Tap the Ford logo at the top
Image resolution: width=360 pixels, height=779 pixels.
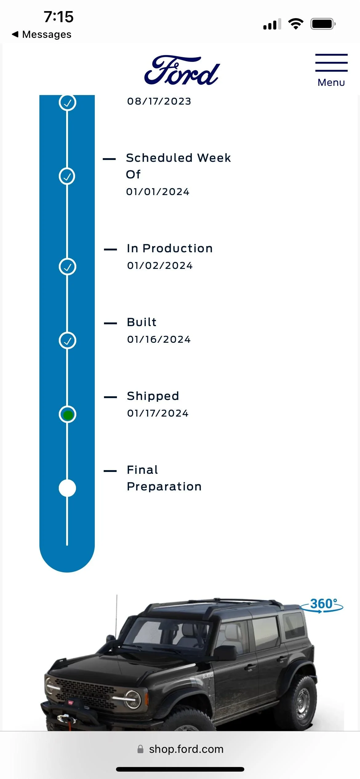182,70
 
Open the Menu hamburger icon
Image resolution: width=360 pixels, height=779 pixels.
331,63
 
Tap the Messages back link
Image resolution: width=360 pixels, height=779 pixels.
42,34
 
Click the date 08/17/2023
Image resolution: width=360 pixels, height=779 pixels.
159,101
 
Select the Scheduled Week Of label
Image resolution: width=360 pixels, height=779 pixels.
178,166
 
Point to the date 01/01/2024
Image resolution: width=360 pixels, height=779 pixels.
158,192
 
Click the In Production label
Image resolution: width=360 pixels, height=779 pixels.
170,248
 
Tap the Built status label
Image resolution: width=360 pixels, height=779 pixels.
142,322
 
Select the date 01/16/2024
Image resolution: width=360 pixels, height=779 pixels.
159,339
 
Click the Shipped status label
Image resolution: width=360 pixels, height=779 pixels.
153,396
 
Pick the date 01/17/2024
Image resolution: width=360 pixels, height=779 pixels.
158,413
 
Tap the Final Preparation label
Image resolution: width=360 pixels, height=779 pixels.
164,478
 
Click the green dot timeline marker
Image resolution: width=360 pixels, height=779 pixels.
67,415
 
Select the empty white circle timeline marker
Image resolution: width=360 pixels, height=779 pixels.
67,488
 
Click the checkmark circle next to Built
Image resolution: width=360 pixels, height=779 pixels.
67,341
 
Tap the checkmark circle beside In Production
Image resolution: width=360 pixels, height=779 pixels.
67,267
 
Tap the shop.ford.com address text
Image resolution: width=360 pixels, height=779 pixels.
186,749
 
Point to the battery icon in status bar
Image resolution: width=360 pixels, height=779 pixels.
323,24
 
